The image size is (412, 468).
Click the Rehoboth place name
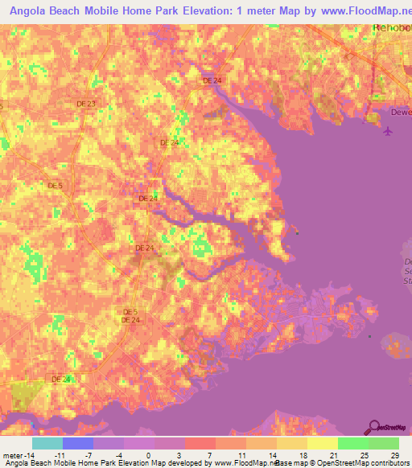(x=392, y=28)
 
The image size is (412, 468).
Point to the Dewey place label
(x=401, y=113)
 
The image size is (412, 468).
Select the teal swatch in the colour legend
(x=47, y=442)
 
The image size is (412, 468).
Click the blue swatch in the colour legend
(x=78, y=442)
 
